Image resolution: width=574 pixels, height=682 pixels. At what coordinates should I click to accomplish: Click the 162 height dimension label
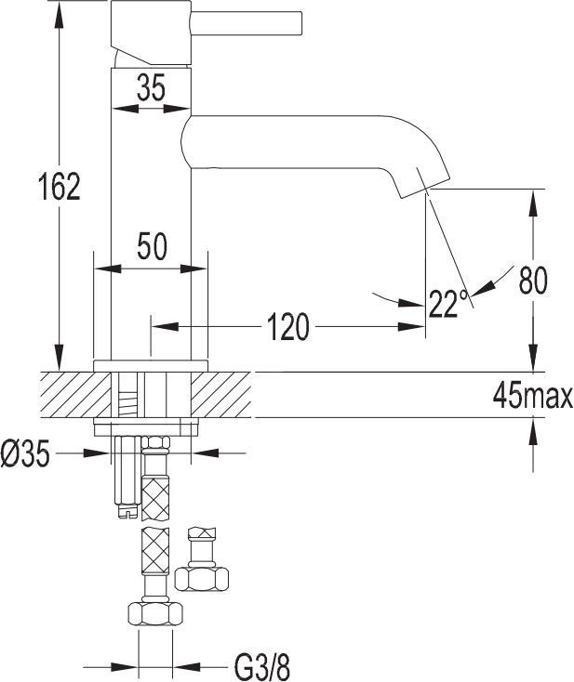[60, 187]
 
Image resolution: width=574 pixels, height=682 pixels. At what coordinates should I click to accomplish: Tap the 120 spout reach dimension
[287, 327]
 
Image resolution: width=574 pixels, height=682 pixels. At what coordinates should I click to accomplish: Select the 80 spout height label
[533, 280]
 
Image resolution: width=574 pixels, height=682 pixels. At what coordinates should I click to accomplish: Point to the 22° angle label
[448, 303]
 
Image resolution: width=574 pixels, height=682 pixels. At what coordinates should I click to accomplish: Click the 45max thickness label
[533, 396]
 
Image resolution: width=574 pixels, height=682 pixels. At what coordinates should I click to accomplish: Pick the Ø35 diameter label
[25, 452]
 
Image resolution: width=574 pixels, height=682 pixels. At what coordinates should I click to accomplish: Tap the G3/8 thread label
[262, 666]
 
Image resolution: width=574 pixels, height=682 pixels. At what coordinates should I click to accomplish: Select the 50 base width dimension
[152, 246]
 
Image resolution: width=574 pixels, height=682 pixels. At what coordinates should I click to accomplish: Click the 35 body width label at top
[151, 87]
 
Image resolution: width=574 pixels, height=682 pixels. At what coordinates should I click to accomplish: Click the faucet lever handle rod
[247, 22]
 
